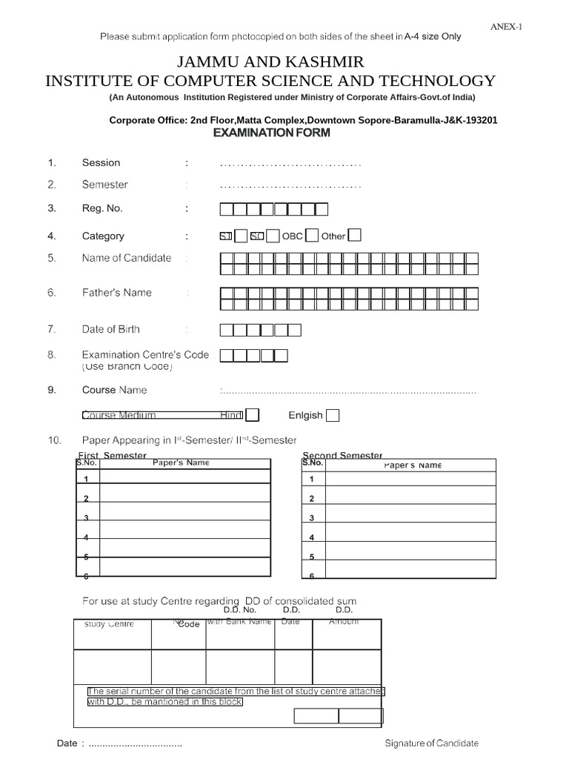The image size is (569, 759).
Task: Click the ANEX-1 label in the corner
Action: click(507, 27)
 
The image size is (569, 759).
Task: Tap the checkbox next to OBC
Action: click(312, 235)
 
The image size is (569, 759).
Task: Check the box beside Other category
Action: click(355, 235)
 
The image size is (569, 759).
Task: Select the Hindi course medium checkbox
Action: click(252, 415)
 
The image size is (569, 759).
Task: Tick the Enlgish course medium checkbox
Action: click(333, 415)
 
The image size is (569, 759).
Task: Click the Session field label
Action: click(101, 162)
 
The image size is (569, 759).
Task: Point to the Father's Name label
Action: click(116, 293)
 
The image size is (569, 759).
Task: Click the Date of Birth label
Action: click(110, 329)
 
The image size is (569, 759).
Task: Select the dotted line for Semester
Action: click(290, 185)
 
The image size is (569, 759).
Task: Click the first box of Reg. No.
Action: click(227, 209)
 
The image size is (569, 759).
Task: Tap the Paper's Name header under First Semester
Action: click(181, 463)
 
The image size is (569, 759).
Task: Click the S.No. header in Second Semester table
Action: click(313, 463)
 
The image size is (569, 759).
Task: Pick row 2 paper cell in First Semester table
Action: click(184, 498)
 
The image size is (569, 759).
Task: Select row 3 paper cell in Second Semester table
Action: click(411, 517)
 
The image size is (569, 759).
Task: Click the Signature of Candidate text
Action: click(431, 743)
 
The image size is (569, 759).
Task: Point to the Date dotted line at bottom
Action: click(135, 743)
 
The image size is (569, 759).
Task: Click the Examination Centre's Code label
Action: click(145, 355)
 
